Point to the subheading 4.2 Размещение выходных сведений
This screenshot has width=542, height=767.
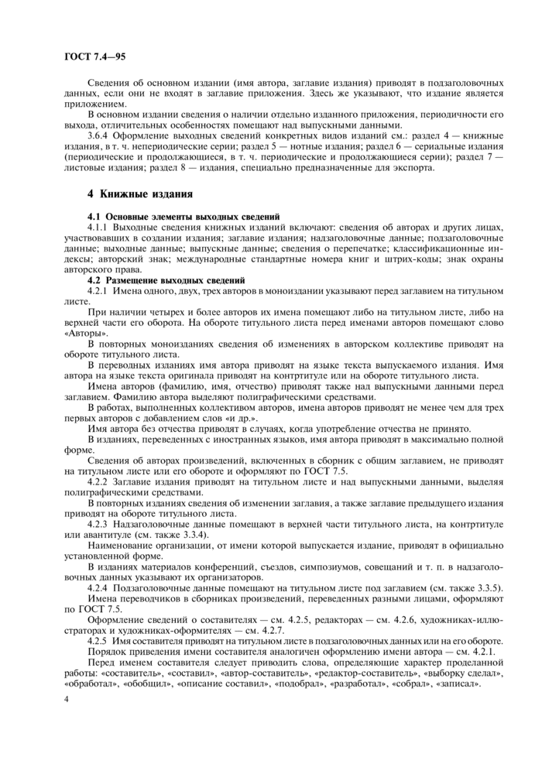click(166, 279)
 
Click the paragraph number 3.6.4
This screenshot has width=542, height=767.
click(102, 135)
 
